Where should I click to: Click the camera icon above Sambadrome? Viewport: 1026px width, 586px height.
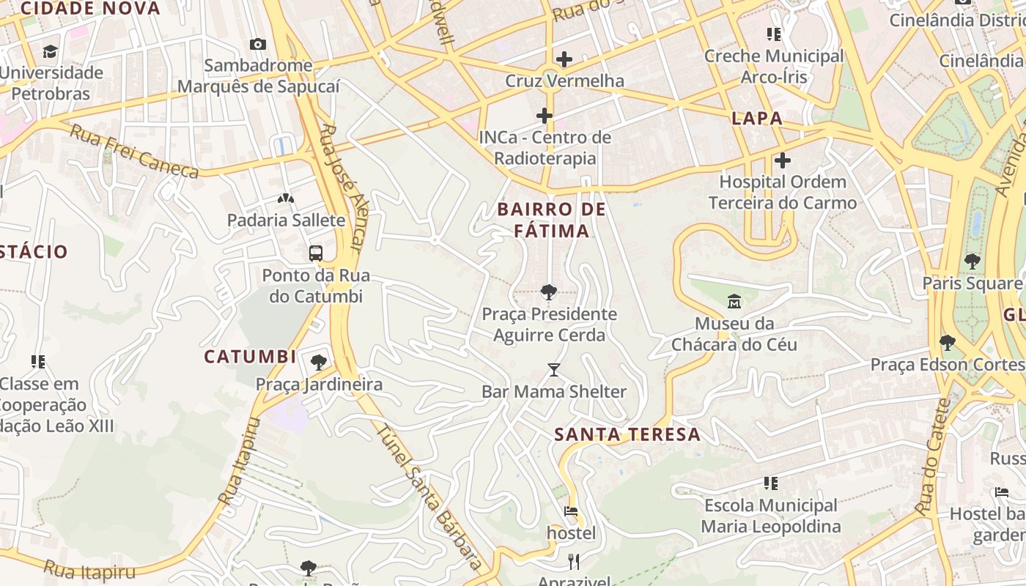[257, 45]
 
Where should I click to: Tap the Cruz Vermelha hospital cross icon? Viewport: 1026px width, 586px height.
[564, 59]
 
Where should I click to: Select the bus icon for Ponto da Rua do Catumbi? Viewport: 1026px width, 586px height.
[316, 254]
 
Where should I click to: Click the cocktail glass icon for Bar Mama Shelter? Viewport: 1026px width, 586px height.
[554, 370]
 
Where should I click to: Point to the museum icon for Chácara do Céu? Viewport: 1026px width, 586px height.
[734, 301]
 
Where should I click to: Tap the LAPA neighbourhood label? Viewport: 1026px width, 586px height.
[757, 119]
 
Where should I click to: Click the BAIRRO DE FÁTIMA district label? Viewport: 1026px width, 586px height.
[551, 220]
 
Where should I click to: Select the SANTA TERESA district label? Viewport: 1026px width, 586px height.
[627, 434]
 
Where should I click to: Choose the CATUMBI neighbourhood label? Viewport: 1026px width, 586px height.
[250, 357]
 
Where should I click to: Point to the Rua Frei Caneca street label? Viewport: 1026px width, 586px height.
[134, 152]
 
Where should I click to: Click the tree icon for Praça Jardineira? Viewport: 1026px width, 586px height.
[319, 363]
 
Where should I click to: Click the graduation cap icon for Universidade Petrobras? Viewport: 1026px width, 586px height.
[50, 51]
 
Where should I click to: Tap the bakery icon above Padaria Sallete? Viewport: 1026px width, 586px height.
[285, 199]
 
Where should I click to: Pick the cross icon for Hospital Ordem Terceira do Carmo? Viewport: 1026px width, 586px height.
[782, 160]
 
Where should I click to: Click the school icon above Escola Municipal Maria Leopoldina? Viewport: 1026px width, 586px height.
[770, 483]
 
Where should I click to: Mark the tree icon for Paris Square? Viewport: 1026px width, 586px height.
[973, 261]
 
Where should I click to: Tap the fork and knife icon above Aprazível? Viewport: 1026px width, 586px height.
[574, 562]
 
